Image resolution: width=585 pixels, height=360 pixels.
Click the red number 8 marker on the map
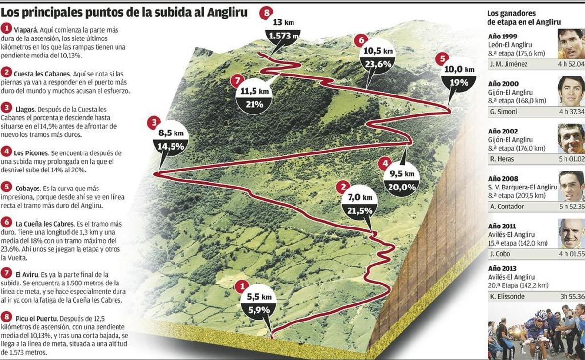[265, 13]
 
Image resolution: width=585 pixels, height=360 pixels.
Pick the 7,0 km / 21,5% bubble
[360, 204]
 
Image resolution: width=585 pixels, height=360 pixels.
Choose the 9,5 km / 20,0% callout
[402, 180]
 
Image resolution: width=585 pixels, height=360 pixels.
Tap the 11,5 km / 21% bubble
[254, 97]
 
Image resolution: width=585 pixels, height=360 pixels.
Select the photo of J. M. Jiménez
[571, 44]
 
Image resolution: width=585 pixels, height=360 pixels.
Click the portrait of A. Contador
[571, 186]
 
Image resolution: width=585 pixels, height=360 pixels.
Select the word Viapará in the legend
[26, 29]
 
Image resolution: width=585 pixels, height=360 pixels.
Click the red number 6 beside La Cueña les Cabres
[7, 223]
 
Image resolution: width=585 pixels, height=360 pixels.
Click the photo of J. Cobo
[571, 233]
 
